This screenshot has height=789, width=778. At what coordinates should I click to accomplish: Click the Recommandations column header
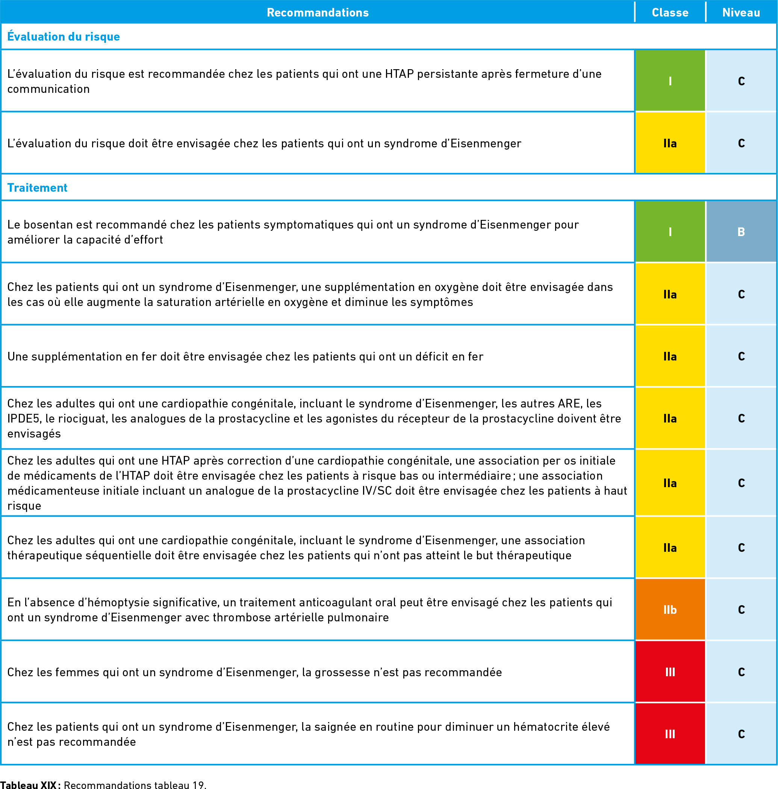click(x=317, y=13)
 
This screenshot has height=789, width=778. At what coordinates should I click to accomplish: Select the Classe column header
click(x=670, y=13)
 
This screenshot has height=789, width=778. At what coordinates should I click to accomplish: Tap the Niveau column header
click(x=741, y=13)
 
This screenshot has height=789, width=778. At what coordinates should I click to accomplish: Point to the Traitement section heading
click(x=37, y=188)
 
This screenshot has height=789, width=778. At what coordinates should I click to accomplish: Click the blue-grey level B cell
click(x=741, y=232)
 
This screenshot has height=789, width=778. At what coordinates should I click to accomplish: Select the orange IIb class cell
click(x=670, y=610)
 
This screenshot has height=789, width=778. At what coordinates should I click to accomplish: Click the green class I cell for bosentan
click(x=670, y=232)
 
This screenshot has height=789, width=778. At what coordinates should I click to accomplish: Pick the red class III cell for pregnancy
click(x=670, y=672)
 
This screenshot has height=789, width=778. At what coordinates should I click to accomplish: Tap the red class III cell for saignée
click(x=670, y=734)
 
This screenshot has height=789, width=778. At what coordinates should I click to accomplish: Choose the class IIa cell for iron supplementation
click(x=670, y=356)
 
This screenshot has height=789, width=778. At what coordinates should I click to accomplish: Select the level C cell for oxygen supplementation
click(x=741, y=294)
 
